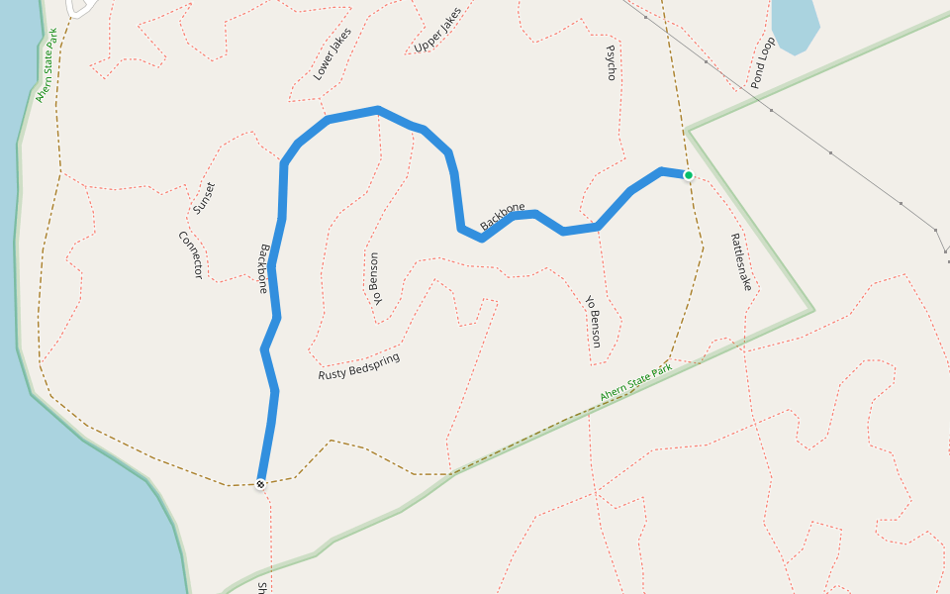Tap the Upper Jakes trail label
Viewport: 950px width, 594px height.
click(x=437, y=31)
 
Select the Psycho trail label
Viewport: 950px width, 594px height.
click(x=611, y=61)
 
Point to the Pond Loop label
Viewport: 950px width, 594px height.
click(x=762, y=63)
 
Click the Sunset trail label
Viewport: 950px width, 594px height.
click(x=204, y=197)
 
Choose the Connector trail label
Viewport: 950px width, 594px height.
click(x=190, y=254)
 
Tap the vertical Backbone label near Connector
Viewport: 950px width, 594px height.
click(x=263, y=268)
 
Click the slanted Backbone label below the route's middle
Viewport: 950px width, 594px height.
click(x=502, y=217)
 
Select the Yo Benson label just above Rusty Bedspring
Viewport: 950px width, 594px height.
click(x=373, y=279)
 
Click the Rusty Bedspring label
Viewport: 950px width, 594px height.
click(x=359, y=366)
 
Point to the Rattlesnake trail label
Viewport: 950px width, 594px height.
click(x=741, y=261)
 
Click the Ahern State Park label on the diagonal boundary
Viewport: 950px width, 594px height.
click(x=635, y=383)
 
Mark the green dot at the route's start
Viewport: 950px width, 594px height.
click(x=689, y=175)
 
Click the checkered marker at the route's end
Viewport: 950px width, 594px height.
click(x=260, y=484)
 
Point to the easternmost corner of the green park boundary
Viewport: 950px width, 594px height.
click(x=813, y=310)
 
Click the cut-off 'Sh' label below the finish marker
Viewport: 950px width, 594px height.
click(x=262, y=587)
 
